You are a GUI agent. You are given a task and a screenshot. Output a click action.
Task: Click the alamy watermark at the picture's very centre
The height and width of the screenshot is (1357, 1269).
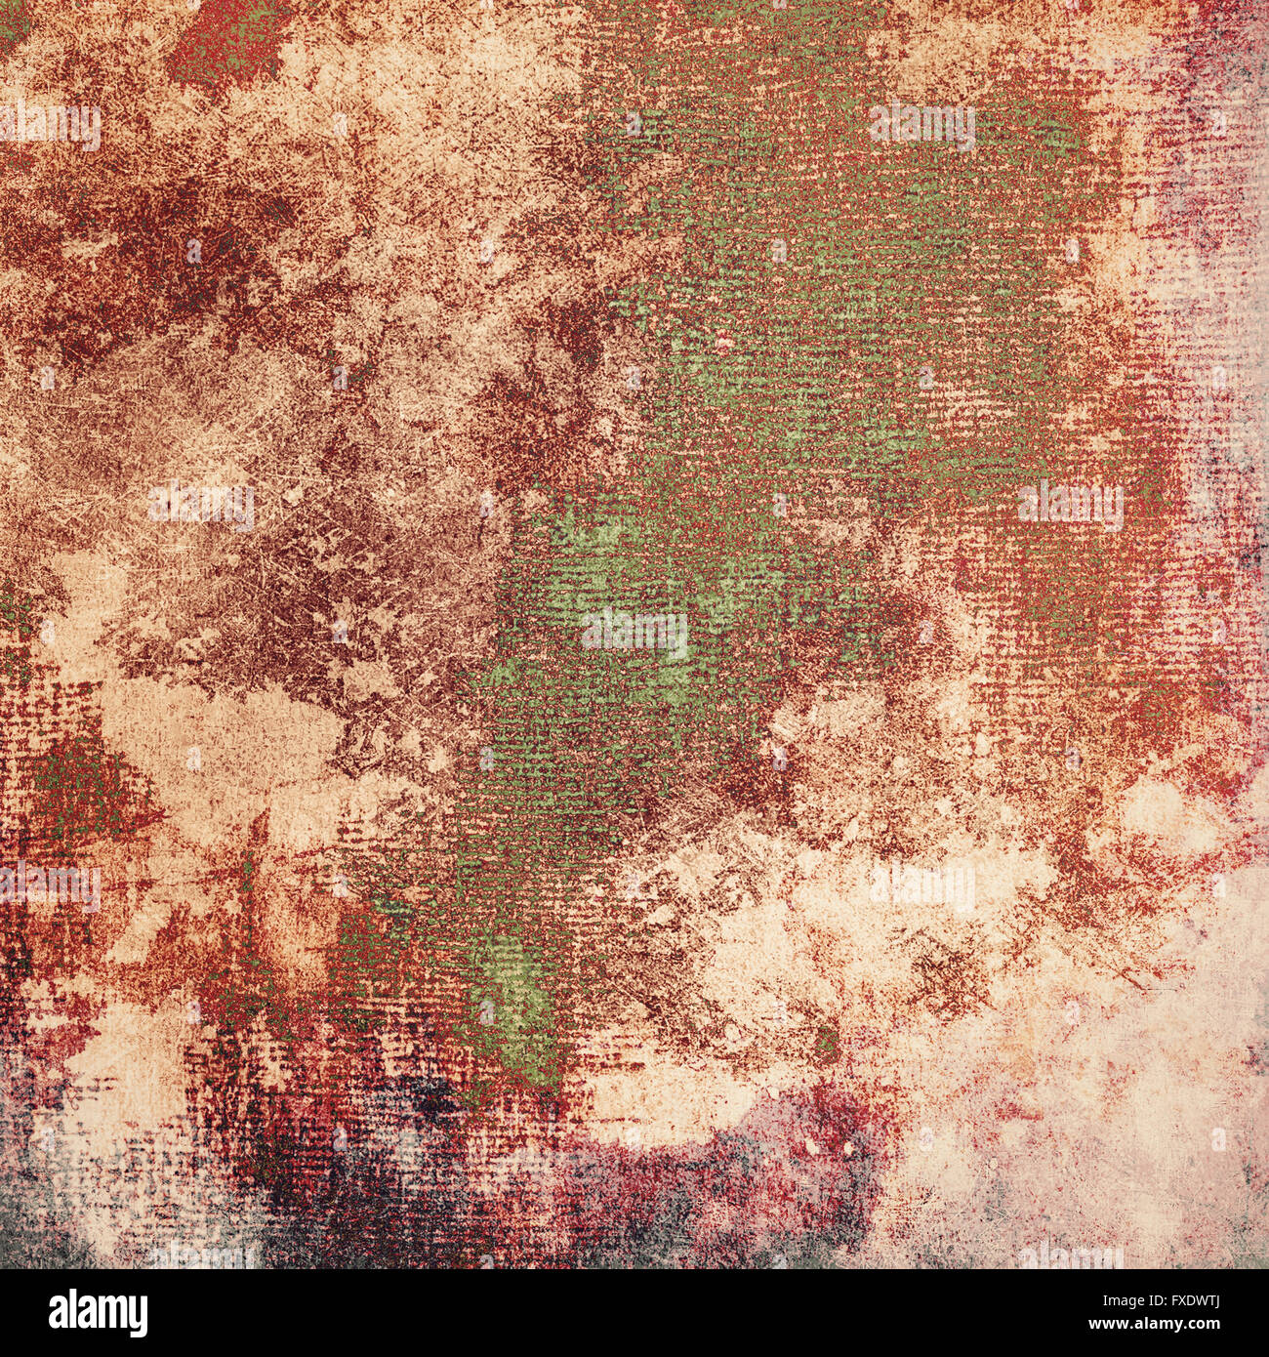[x=634, y=633]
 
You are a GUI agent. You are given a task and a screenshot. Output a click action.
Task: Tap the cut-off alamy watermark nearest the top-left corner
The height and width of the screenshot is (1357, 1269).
[x=51, y=125]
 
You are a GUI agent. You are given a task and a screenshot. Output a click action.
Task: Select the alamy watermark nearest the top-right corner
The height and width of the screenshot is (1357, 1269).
[x=921, y=125]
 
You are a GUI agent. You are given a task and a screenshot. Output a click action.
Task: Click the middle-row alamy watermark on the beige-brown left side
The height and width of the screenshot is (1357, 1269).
[x=201, y=505]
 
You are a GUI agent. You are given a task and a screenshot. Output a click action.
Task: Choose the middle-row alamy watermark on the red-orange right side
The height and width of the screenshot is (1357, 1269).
[x=1070, y=505]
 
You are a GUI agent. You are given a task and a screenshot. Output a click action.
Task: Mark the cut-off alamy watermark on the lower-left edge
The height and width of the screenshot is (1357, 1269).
[x=51, y=886]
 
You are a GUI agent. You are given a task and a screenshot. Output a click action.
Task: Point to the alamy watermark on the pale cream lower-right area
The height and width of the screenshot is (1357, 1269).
[x=921, y=886]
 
